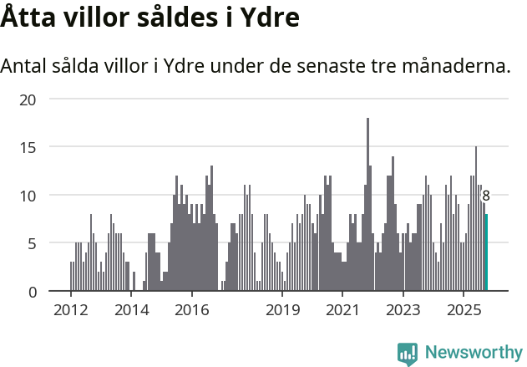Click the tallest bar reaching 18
click(367, 205)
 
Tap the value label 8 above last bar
click(486, 196)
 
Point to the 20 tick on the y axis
click(28, 99)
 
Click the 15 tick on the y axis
click(28, 147)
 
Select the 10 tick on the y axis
click(28, 196)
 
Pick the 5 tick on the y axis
click(32, 243)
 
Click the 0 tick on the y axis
click(32, 292)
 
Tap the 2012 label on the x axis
click(71, 311)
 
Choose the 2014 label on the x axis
click(131, 311)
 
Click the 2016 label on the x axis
click(192, 311)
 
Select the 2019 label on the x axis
click(282, 311)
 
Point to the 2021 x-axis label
click(342, 311)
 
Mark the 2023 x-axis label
click(403, 311)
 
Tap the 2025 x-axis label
click(464, 311)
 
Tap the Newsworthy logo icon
click(407, 353)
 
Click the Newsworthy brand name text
click(473, 353)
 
